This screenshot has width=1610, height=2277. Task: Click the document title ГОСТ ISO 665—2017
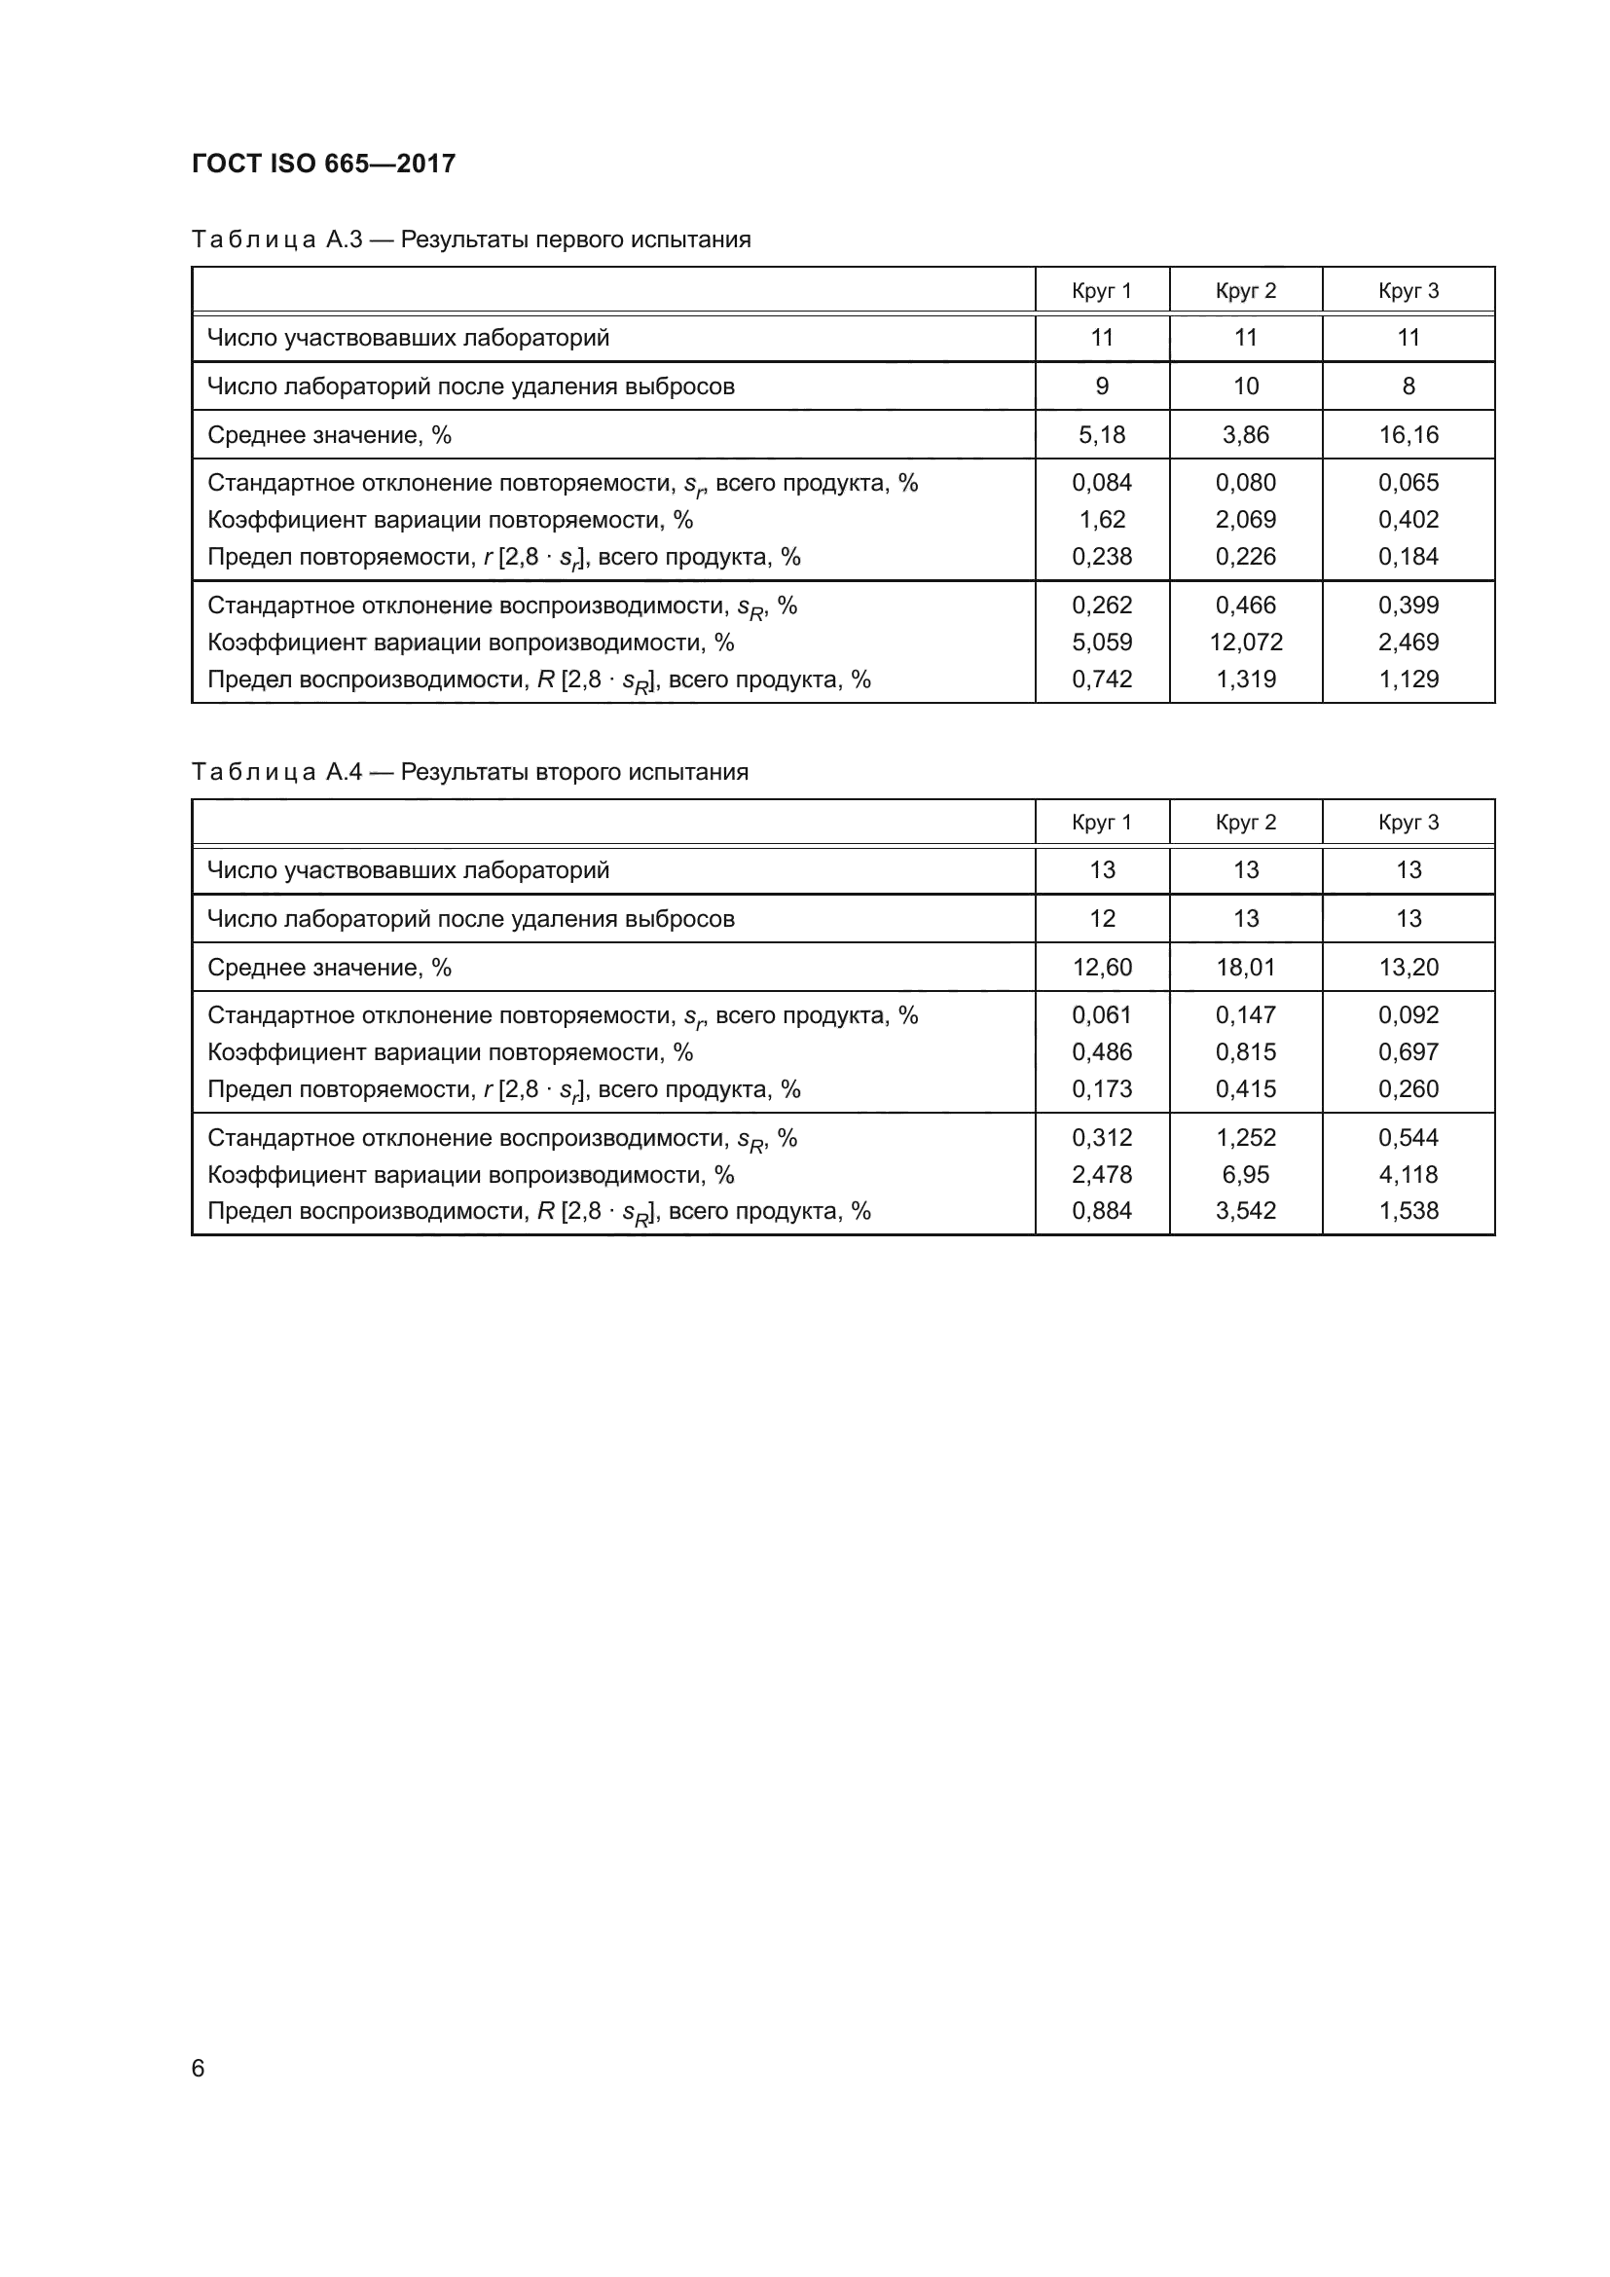point(323,164)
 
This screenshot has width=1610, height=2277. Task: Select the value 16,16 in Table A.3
point(1408,434)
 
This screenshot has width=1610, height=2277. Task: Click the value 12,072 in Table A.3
point(1245,643)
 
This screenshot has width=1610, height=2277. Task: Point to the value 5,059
point(1102,643)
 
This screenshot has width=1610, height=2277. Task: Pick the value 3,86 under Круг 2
point(1245,434)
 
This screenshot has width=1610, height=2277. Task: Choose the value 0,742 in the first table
point(1102,679)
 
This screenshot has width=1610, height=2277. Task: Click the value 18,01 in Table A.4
point(1245,967)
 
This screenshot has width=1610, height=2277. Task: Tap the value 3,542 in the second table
point(1245,1211)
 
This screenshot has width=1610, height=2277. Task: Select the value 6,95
point(1245,1174)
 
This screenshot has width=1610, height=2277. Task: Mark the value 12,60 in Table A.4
point(1102,967)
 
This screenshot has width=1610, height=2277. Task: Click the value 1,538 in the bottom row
point(1408,1211)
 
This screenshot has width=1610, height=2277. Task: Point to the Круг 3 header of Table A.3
point(1408,290)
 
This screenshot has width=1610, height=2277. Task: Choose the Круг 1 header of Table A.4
point(1102,823)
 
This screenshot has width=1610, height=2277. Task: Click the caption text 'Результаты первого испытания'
point(575,239)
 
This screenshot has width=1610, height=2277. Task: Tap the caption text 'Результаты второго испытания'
point(574,772)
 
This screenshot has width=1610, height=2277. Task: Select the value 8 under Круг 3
point(1408,386)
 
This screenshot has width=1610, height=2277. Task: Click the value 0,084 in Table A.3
point(1102,483)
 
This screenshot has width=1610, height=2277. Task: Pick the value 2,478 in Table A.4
point(1102,1174)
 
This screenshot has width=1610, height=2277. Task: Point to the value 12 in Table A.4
point(1102,918)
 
